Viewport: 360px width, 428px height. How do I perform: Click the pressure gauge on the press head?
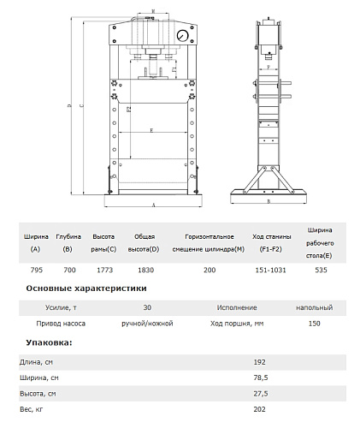point(182,36)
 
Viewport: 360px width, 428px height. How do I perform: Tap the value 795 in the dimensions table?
point(37,270)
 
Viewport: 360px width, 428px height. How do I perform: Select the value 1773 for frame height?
point(104,270)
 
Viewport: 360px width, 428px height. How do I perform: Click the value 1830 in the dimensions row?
point(145,270)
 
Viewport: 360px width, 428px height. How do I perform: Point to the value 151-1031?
point(270,270)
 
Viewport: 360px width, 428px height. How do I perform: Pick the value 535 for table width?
point(321,270)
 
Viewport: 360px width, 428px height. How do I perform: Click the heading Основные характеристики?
point(86,288)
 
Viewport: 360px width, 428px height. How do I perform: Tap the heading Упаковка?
point(49,342)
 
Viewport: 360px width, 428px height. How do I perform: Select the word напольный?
point(314,307)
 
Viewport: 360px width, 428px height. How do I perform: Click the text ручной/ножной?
point(147,324)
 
